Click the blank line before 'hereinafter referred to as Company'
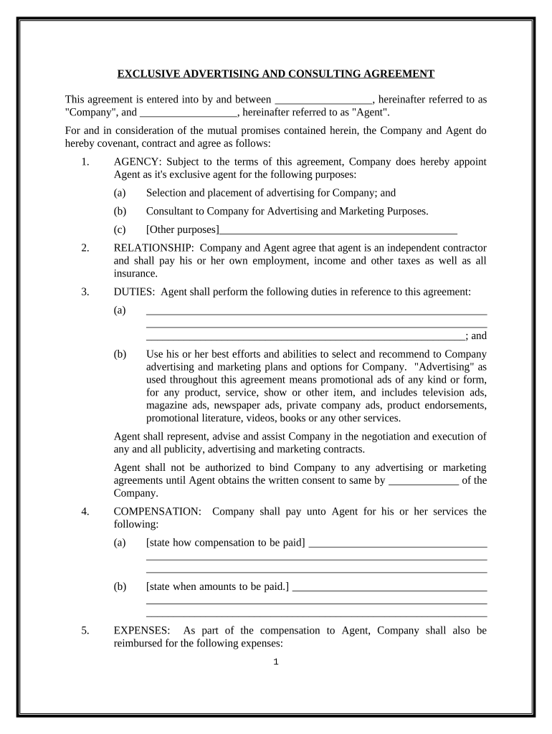(323, 100)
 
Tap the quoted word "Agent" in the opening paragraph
(368, 113)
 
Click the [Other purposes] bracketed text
(182, 229)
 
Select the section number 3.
(85, 292)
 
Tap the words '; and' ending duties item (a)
(476, 335)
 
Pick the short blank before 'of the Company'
(423, 481)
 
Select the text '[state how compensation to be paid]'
(225, 543)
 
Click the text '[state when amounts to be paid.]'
(217, 586)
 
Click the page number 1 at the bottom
(275, 662)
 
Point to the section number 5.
(85, 631)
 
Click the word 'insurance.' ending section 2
(135, 274)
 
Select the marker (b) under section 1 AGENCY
(120, 211)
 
